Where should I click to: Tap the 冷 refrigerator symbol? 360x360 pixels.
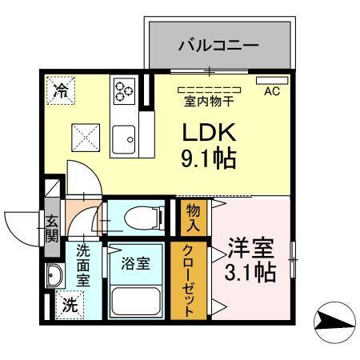click(x=61, y=90)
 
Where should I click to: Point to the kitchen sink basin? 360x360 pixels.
click(x=125, y=142)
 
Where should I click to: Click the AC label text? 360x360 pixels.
click(x=273, y=90)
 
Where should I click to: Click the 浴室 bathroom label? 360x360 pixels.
click(x=135, y=264)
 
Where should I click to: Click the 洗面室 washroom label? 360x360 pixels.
click(x=84, y=265)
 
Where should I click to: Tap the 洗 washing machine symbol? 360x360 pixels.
click(x=70, y=304)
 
